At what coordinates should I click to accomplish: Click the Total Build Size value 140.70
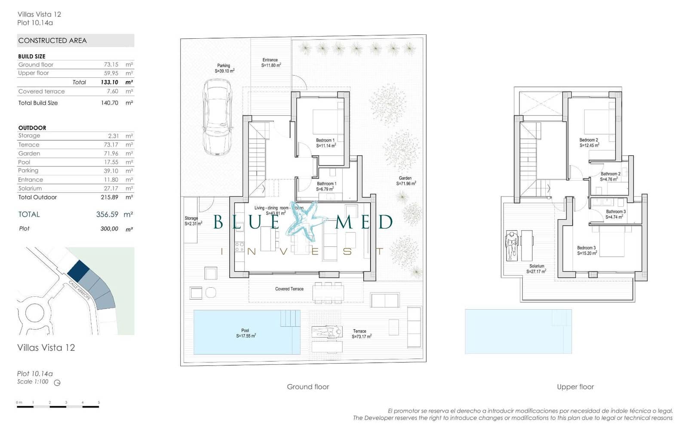coord(110,103)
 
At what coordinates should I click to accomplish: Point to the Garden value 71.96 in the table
coord(111,154)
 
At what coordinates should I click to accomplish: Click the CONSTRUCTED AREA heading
coord(52,41)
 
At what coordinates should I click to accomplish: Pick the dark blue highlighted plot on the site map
coord(78,270)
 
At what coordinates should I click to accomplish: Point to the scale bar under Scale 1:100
coord(58,406)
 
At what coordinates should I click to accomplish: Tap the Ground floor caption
coord(308,387)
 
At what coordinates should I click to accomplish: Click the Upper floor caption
coord(575,387)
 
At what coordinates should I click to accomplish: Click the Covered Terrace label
coord(289,289)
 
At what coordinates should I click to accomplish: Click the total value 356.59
coord(107,215)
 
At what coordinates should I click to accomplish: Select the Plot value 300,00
coord(109,229)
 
